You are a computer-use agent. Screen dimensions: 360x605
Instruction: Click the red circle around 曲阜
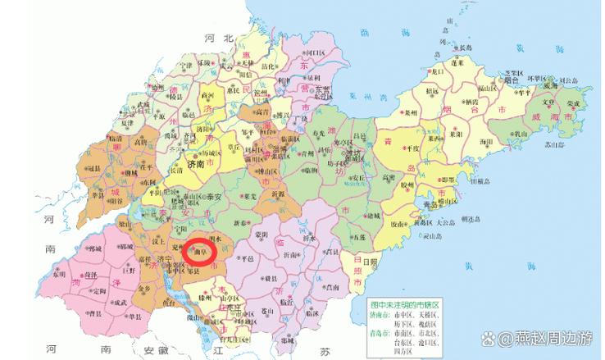coord(199,250)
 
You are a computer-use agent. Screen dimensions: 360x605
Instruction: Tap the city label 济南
coord(195,163)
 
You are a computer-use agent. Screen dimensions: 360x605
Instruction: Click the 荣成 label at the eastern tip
coord(574,103)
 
